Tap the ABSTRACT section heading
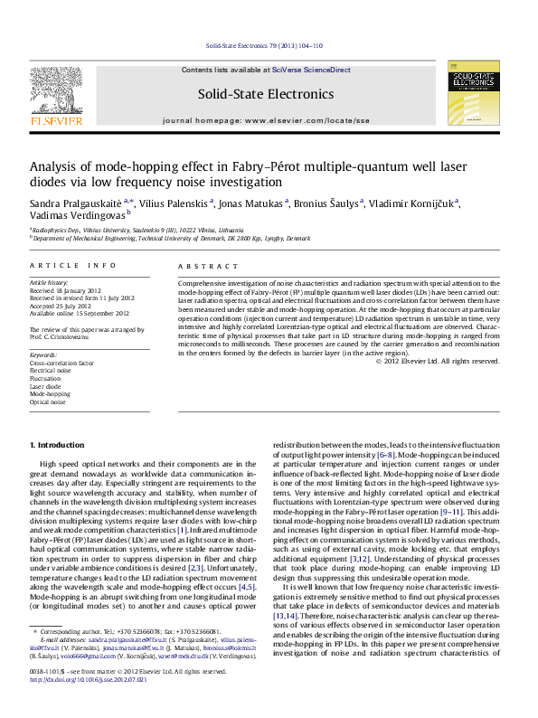tap(203, 266)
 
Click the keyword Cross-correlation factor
tap(61, 362)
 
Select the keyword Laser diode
tap(48, 386)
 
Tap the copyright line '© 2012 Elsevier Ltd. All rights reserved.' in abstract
tap(437, 361)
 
